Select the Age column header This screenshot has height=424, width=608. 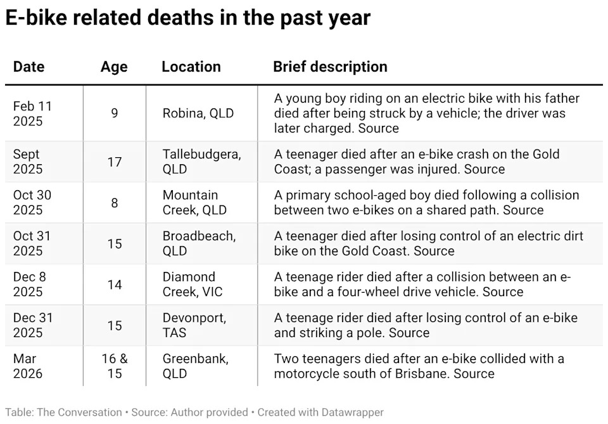[114, 67]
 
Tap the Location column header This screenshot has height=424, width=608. [191, 67]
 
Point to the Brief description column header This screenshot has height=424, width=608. [330, 67]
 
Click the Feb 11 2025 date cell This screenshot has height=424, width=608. [32, 113]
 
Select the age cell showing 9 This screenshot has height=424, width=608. [115, 113]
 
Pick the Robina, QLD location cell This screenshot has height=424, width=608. [198, 113]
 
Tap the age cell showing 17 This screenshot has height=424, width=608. [115, 162]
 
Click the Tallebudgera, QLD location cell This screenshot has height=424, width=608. [201, 162]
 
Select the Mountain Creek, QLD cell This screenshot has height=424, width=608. [194, 202]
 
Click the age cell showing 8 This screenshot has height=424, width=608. [115, 202]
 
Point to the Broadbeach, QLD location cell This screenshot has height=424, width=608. [199, 243]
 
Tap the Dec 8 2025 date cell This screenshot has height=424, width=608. [30, 284]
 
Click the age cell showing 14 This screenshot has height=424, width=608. [115, 284]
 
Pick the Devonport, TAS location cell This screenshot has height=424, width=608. [194, 325]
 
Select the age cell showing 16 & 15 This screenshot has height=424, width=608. [115, 366]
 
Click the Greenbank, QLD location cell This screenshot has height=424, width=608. [195, 366]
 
